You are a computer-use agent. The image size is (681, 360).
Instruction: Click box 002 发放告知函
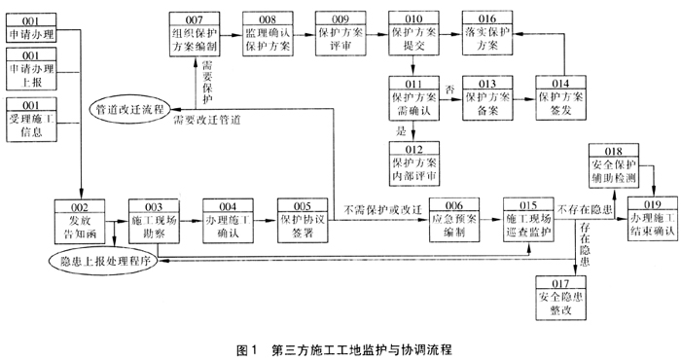click(x=80, y=221)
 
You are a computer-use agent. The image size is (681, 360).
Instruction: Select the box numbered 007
click(x=195, y=34)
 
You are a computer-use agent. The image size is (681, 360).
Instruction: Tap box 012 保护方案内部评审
click(x=413, y=164)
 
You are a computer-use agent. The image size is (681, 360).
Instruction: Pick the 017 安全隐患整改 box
click(x=560, y=298)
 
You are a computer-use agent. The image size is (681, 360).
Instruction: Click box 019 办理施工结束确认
click(x=653, y=218)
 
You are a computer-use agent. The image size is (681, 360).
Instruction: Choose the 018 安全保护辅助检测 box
click(x=614, y=165)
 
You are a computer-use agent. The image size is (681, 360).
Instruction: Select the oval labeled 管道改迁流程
click(x=129, y=109)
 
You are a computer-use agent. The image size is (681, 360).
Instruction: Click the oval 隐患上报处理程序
click(x=103, y=261)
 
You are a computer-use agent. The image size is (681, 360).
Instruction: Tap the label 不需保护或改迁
click(x=382, y=210)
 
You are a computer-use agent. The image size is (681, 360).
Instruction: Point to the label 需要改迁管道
click(x=206, y=121)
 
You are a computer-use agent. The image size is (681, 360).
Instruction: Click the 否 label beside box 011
click(x=449, y=89)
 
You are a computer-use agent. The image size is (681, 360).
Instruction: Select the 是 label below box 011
click(x=401, y=130)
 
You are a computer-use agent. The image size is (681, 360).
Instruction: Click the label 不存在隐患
click(x=585, y=210)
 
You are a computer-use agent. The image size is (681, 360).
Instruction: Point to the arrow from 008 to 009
click(x=304, y=34)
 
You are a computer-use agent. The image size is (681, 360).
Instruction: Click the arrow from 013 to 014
click(x=523, y=99)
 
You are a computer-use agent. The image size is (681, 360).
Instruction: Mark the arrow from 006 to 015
click(x=491, y=220)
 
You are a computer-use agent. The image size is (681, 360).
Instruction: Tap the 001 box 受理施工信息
click(x=31, y=120)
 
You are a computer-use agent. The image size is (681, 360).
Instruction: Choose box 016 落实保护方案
click(x=487, y=33)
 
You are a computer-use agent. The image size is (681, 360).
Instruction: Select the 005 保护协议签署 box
click(x=303, y=221)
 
